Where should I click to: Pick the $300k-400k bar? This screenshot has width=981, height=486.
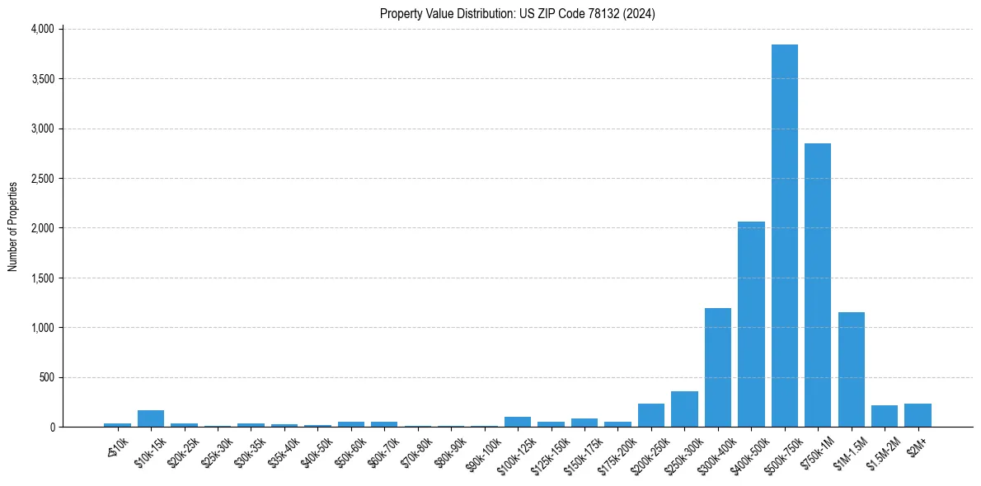[x=717, y=367]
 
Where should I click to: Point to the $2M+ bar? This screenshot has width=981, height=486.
[x=918, y=415]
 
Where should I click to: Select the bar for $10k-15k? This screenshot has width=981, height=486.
[x=151, y=418]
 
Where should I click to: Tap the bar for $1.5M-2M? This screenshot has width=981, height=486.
[x=885, y=416]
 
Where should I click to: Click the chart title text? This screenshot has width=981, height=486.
[x=518, y=14]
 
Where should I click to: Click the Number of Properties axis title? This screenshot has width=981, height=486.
[x=13, y=227]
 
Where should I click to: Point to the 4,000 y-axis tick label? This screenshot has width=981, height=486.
[x=42, y=29]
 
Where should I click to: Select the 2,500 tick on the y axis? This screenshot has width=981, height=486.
[x=42, y=178]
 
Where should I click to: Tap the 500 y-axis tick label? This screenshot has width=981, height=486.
[x=47, y=377]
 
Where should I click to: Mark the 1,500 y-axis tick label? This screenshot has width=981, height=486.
[x=42, y=278]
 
